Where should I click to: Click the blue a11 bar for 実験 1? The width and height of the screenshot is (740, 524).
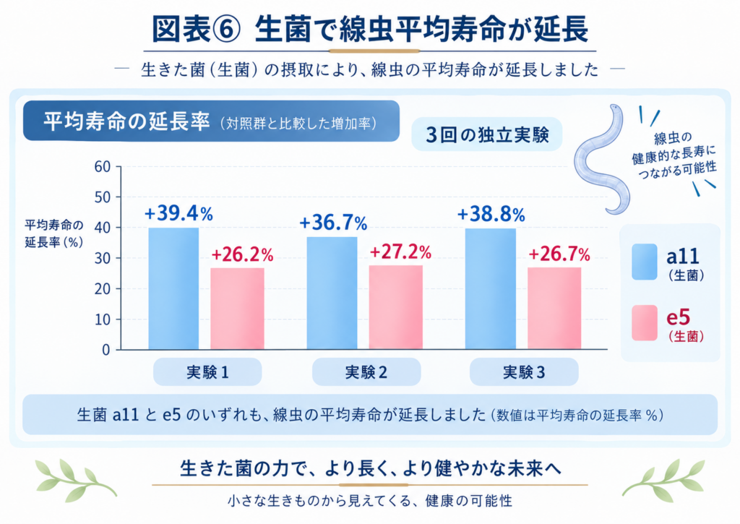click(x=173, y=288)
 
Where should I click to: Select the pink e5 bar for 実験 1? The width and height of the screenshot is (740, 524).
click(x=237, y=309)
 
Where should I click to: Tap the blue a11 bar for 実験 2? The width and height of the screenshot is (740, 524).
click(x=332, y=293)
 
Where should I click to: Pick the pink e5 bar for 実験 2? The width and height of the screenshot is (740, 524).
click(x=396, y=307)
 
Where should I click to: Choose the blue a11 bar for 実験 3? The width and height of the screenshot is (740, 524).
click(x=491, y=289)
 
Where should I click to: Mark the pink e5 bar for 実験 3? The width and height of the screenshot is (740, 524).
click(x=554, y=309)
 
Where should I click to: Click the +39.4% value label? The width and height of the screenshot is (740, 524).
click(x=179, y=214)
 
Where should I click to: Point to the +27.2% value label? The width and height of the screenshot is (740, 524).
click(x=400, y=252)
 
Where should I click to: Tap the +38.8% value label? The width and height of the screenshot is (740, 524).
click(x=491, y=215)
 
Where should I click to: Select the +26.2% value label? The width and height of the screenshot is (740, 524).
click(x=242, y=255)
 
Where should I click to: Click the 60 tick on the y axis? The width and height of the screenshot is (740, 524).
click(x=102, y=167)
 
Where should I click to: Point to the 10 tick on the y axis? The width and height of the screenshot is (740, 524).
click(x=102, y=319)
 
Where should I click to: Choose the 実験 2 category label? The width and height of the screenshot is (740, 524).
click(x=366, y=372)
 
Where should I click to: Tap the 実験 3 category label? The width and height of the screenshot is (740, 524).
click(x=524, y=372)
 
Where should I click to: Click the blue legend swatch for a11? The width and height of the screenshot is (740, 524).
click(x=645, y=262)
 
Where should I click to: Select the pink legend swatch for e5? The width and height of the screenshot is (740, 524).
click(x=645, y=323)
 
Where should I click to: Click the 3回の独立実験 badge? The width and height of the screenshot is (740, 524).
click(x=487, y=134)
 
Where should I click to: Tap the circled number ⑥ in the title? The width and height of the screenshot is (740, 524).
click(x=228, y=29)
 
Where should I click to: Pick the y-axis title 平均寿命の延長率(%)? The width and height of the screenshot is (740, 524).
click(x=53, y=233)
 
